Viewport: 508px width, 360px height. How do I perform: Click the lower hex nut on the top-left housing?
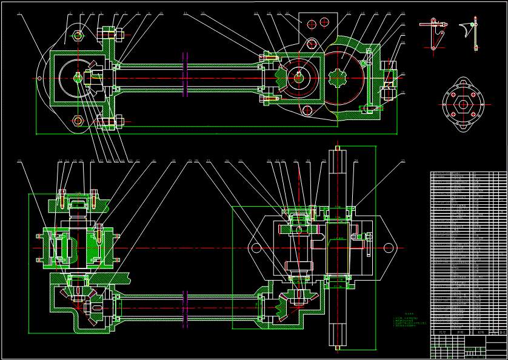click(x=78, y=120)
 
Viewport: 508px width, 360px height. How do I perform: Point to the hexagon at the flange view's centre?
click(x=464, y=104)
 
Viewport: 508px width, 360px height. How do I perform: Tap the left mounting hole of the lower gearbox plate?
click(x=256, y=247)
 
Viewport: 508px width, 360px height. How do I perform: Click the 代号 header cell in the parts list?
click(x=442, y=332)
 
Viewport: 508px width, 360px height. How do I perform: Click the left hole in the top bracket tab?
click(x=312, y=24)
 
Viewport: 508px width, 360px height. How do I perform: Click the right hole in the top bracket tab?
click(x=325, y=23)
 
